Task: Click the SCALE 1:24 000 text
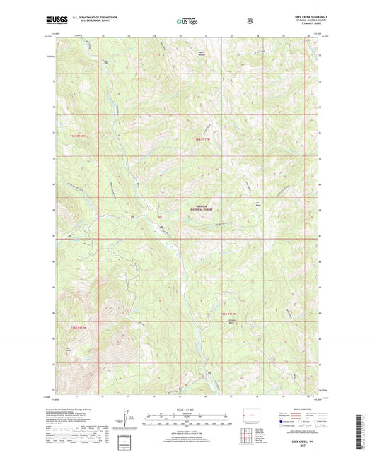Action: (187, 409)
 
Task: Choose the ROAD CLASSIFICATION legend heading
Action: (302, 409)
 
